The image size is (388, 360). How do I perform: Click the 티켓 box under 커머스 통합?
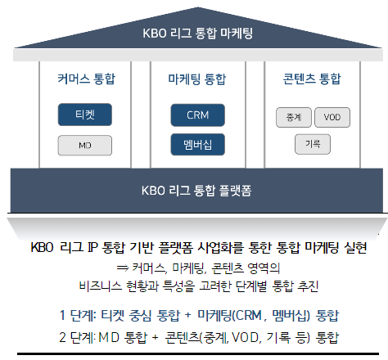click(x=85, y=115)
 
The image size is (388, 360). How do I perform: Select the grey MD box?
click(x=85, y=146)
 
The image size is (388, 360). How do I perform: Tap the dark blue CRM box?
click(x=198, y=115)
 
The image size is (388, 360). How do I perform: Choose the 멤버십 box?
click(x=198, y=145)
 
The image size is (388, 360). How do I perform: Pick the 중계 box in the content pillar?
click(x=294, y=117)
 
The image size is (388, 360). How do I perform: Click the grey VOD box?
click(x=332, y=117)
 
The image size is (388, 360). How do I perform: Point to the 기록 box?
click(x=313, y=144)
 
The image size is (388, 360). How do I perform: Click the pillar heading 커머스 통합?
click(x=87, y=79)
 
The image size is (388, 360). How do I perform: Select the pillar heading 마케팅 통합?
click(x=197, y=79)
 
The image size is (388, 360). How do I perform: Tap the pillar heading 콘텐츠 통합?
click(x=312, y=79)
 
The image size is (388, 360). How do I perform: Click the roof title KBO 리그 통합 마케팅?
click(x=198, y=34)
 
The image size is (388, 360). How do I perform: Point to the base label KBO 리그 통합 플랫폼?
click(x=196, y=191)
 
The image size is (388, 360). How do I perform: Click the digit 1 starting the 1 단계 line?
click(x=62, y=316)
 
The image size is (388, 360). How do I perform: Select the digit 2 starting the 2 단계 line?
click(x=62, y=338)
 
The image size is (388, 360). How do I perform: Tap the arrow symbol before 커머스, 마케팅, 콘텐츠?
click(x=123, y=268)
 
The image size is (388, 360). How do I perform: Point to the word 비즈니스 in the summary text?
click(x=100, y=286)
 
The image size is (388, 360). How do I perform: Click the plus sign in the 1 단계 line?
click(x=187, y=315)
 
